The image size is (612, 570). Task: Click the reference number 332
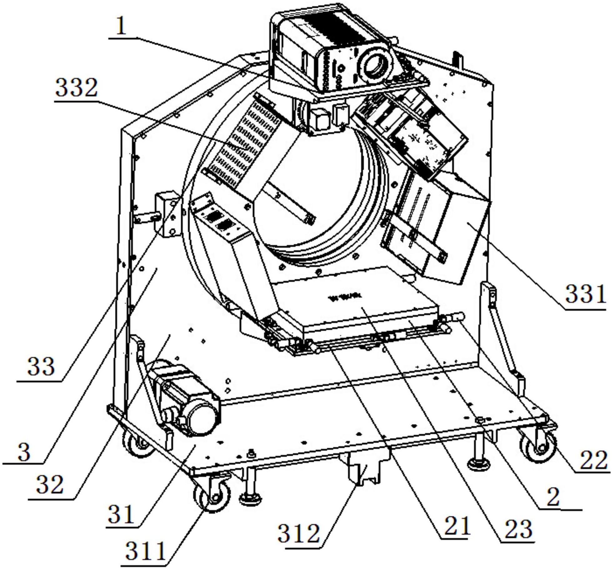click(x=76, y=88)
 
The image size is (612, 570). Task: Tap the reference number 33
click(x=41, y=366)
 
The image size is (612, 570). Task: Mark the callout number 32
click(x=50, y=485)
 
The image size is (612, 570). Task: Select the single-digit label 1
click(x=121, y=26)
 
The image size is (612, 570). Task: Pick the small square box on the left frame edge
click(x=167, y=214)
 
